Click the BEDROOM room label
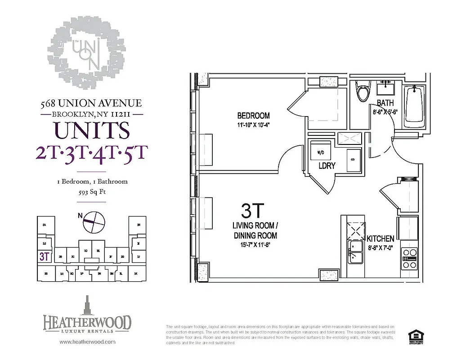click(254, 115)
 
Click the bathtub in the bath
click(412, 107)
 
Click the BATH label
click(385, 103)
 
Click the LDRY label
click(327, 166)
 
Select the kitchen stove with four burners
click(410, 258)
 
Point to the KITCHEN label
click(380, 239)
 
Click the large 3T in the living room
click(253, 211)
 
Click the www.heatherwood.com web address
click(87, 342)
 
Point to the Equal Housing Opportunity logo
click(413, 337)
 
